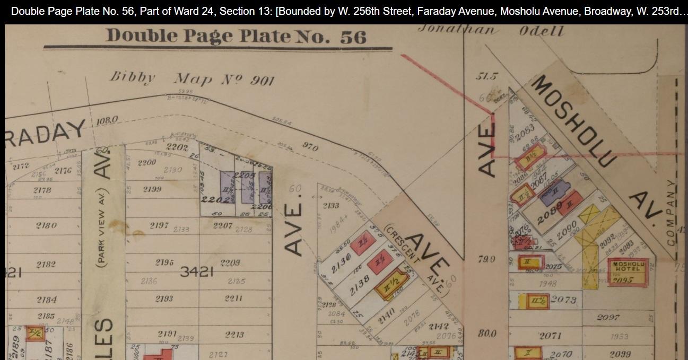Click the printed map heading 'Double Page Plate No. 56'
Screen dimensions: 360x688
tap(236, 36)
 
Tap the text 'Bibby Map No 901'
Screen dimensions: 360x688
tap(192, 78)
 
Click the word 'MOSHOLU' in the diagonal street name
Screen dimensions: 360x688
tap(574, 121)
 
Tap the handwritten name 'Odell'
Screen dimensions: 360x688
tap(541, 30)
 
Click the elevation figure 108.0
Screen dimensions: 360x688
tap(107, 121)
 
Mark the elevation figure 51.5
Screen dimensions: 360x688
tap(486, 76)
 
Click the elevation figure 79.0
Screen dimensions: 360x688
tap(486, 259)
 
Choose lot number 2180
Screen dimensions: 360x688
tap(46, 225)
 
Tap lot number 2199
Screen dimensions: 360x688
tap(152, 189)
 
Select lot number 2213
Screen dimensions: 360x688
tap(234, 335)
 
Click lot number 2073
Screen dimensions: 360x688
tap(563, 300)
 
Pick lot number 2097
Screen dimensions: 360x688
tap(608, 317)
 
